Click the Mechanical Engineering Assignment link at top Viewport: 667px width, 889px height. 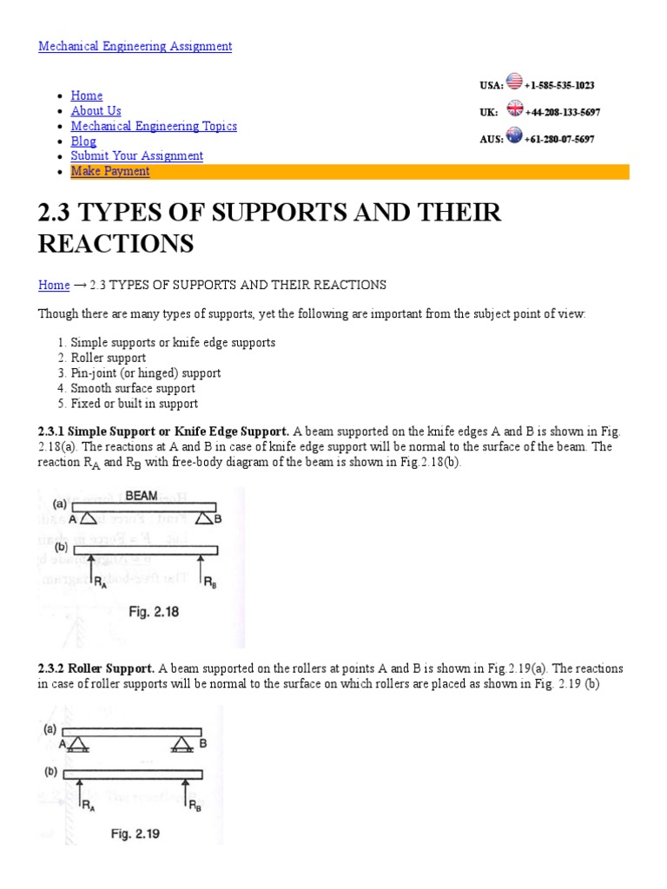[x=135, y=46]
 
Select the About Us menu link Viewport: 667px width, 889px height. [x=96, y=111]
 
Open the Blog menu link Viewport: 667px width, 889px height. [x=83, y=142]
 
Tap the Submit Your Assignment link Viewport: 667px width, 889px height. [x=136, y=156]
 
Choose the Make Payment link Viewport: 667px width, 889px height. [x=109, y=171]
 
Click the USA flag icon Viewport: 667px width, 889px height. [x=514, y=82]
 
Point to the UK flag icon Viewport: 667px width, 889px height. [x=515, y=109]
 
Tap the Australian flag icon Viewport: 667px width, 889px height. [x=514, y=136]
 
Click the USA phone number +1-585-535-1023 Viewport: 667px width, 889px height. [x=560, y=86]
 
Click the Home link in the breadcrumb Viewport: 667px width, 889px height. [x=54, y=285]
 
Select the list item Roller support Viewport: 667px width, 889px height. [x=108, y=358]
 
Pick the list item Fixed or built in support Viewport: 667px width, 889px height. [x=134, y=404]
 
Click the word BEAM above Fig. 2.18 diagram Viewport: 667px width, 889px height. [x=142, y=496]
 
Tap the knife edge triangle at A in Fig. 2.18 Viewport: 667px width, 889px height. [x=89, y=518]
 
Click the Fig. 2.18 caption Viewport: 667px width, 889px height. [x=154, y=611]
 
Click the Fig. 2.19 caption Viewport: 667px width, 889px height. [x=135, y=834]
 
